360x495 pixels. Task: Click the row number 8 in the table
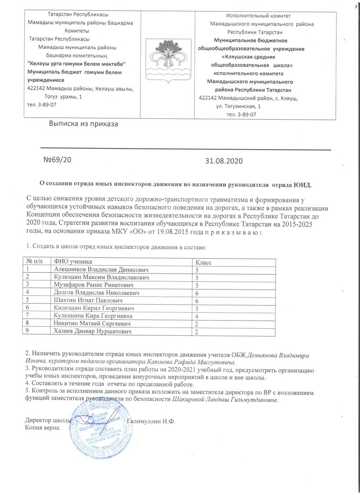[x=28, y=323]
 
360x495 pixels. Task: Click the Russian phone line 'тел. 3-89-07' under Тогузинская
[x=242, y=114]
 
